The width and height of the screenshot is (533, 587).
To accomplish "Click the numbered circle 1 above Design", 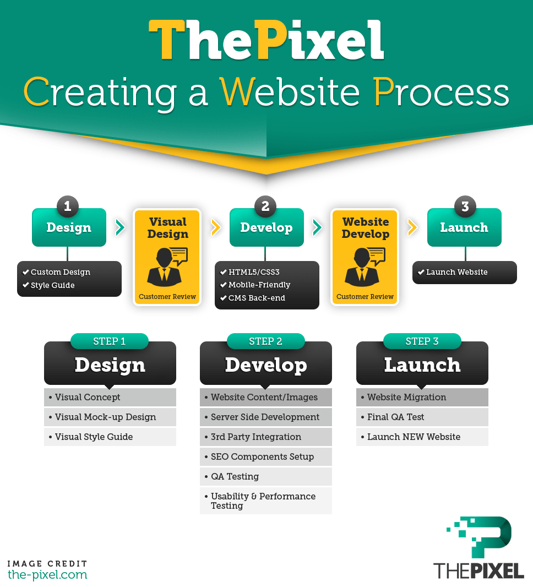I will [x=68, y=206].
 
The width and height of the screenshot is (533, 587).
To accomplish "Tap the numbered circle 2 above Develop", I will [x=265, y=206].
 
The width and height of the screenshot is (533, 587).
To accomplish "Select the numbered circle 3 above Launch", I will [x=465, y=206].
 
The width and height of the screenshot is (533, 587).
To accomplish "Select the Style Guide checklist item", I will [x=52, y=285].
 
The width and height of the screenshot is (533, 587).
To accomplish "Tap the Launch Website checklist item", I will [x=456, y=272].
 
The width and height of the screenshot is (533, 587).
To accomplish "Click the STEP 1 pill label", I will [x=110, y=341].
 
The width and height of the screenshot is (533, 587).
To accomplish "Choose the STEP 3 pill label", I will [x=422, y=341].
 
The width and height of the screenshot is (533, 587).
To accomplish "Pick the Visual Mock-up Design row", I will [x=110, y=417].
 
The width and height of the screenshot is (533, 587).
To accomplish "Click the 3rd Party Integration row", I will [x=266, y=437].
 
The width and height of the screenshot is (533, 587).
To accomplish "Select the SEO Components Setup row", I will [x=266, y=456].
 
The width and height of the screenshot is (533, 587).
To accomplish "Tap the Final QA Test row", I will [x=422, y=417].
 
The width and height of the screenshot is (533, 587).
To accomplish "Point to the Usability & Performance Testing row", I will [x=266, y=501].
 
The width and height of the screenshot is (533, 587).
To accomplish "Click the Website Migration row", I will [x=422, y=397].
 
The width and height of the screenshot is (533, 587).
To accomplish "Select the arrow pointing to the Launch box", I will [x=412, y=227].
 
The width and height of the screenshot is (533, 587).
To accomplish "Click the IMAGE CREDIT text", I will [x=47, y=564].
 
